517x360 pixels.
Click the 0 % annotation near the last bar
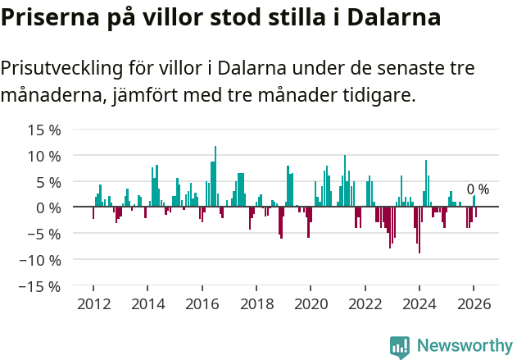click(x=478, y=189)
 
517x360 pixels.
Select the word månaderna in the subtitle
click(x=52, y=96)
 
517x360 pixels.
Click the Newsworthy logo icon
click(x=400, y=346)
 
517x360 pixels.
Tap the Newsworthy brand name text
click(x=465, y=346)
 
